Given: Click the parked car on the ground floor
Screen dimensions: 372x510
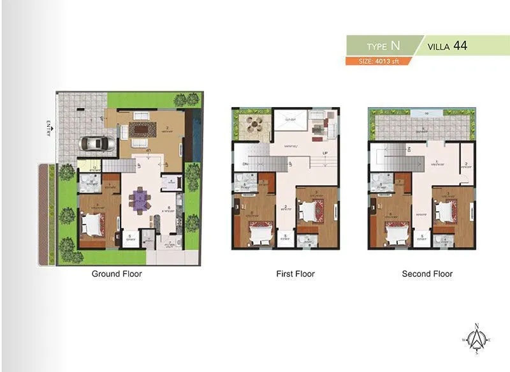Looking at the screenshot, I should coord(92,144).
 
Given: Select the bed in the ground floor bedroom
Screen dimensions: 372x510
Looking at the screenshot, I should coord(94,223).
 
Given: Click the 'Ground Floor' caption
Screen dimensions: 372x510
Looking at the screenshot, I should coord(117,274).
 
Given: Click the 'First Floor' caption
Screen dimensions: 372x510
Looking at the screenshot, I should coord(295,274).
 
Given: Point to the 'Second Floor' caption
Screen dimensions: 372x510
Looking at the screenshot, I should coord(427,274).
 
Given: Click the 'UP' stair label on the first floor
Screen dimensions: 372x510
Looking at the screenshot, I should coord(324,154).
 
